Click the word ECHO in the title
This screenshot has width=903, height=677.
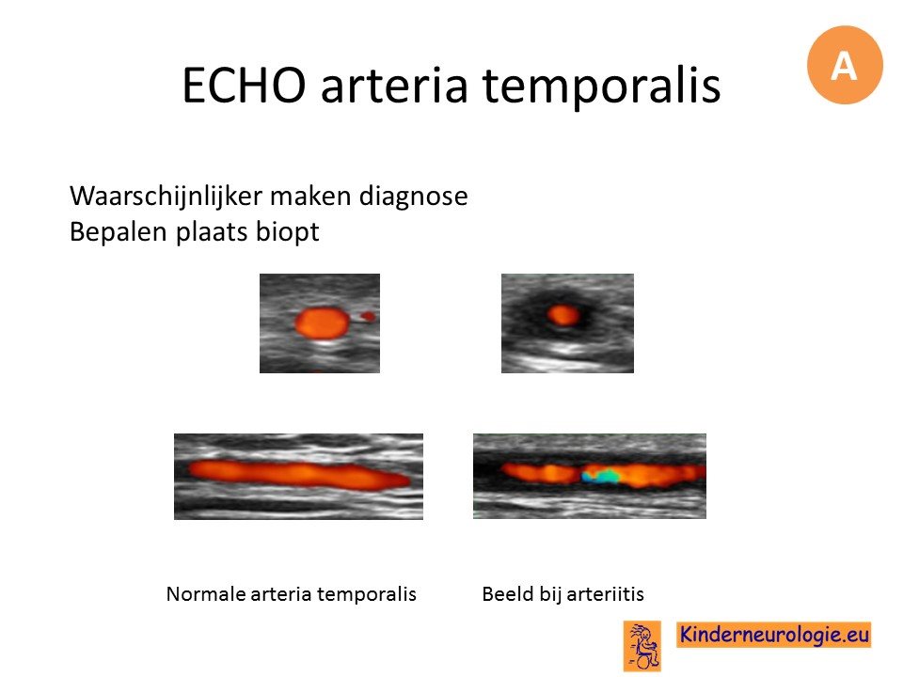click(245, 85)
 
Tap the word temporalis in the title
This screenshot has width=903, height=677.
click(601, 85)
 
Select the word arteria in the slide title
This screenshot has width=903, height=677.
click(393, 85)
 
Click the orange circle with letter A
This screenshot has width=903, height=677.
click(845, 65)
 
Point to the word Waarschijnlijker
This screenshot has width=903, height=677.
click(182, 197)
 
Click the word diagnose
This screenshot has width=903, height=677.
click(413, 197)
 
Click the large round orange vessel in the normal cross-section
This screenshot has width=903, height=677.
click(322, 323)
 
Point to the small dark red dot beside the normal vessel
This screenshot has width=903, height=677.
click(368, 316)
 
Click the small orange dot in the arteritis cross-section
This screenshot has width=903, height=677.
click(563, 315)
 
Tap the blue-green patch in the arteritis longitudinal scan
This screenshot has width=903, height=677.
click(600, 476)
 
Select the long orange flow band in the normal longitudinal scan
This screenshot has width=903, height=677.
click(299, 475)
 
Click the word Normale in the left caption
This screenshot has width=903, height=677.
click(206, 594)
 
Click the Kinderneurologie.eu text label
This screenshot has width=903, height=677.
click(774, 635)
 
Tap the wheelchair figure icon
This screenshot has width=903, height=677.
click(642, 646)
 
